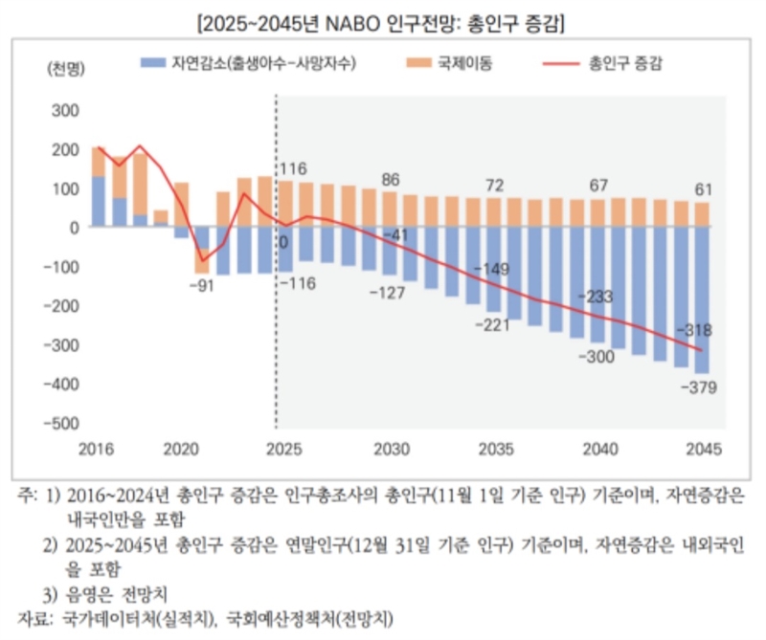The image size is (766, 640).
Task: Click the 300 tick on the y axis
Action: click(x=64, y=110)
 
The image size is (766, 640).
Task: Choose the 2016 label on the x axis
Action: click(x=98, y=448)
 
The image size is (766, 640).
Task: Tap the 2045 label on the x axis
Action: click(x=703, y=448)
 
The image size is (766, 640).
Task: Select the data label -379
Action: click(x=699, y=387)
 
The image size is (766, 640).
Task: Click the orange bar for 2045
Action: click(x=703, y=214)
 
